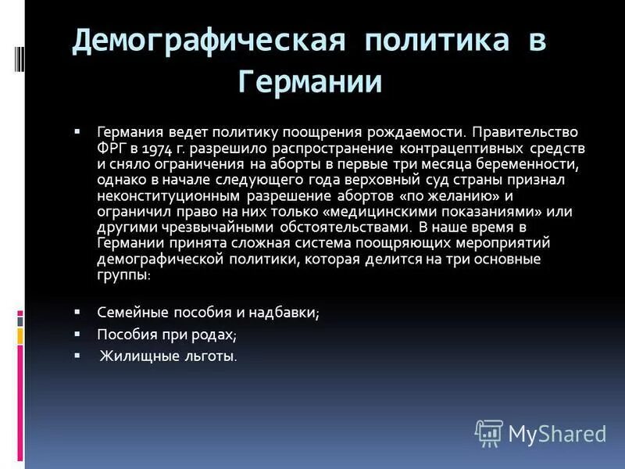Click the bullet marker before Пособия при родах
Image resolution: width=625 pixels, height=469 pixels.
tap(77, 333)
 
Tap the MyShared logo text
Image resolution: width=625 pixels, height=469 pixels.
tap(556, 433)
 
